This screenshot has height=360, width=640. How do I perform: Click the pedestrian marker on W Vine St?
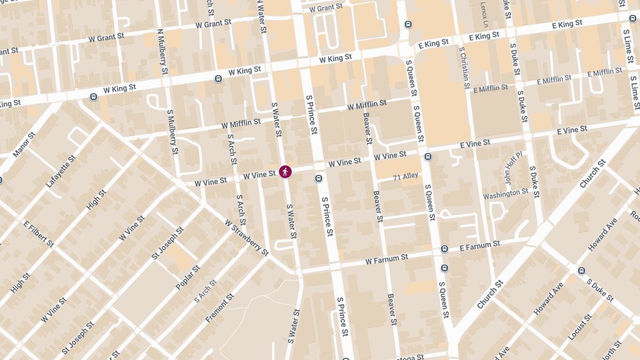[285, 171]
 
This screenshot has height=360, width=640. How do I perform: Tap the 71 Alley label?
[406, 177]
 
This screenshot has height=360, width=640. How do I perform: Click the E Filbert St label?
[38, 233]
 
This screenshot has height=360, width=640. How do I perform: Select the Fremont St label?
[220, 308]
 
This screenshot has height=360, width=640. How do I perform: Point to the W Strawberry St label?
[246, 238]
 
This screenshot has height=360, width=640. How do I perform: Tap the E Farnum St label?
[479, 246]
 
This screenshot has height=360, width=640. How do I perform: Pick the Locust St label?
[580, 327]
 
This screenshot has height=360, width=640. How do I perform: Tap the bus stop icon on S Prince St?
[318, 179]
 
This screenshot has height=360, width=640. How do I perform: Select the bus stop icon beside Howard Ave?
[581, 270]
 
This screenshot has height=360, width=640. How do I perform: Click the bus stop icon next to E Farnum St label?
[444, 249]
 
